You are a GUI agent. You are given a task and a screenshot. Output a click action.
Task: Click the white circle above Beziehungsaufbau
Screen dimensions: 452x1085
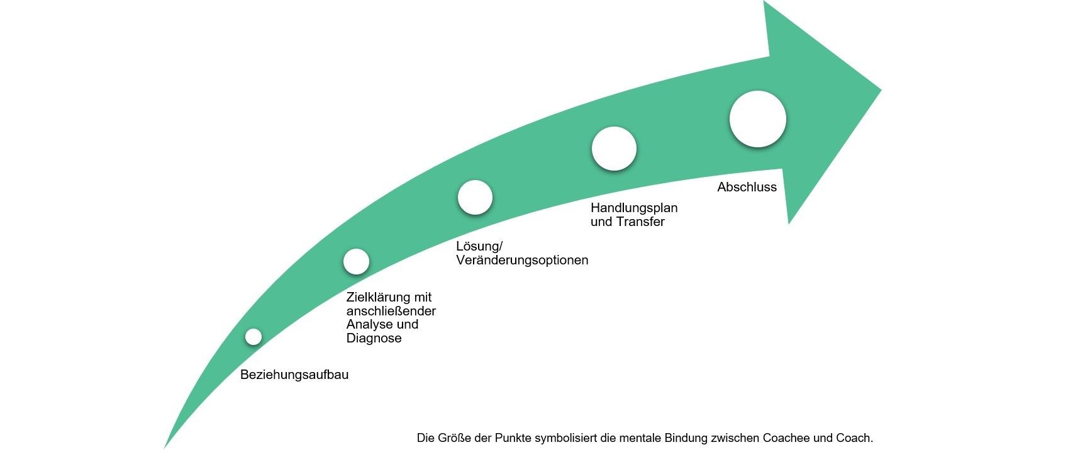pos(253,337)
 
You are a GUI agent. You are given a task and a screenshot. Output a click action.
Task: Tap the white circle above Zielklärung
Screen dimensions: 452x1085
pos(356,261)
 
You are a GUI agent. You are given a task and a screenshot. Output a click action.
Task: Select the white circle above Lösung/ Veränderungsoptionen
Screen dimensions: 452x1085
pos(475,197)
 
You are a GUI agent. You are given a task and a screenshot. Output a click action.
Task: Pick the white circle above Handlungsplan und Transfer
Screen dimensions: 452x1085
pos(614,149)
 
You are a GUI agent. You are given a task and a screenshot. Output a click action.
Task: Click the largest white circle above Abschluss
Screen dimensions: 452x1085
pos(757,119)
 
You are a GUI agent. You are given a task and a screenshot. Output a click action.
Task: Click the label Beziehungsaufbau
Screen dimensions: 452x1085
pos(294,375)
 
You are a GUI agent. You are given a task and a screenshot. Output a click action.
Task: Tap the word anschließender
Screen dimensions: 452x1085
pos(391,311)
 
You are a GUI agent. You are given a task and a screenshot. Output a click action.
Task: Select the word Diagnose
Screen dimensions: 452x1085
pos(374,339)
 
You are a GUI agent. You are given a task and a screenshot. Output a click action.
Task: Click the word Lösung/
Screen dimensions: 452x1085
pos(479,246)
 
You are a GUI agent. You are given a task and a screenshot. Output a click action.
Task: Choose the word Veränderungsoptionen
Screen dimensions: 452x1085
pos(522,260)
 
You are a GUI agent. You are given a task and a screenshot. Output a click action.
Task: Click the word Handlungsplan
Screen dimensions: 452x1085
pos(634,208)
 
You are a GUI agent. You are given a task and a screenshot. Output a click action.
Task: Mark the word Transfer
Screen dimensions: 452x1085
pos(640,222)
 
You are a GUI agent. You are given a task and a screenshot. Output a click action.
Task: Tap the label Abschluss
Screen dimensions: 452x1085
pos(747,187)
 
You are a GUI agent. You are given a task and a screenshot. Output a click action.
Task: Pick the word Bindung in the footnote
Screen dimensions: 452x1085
pos(686,438)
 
